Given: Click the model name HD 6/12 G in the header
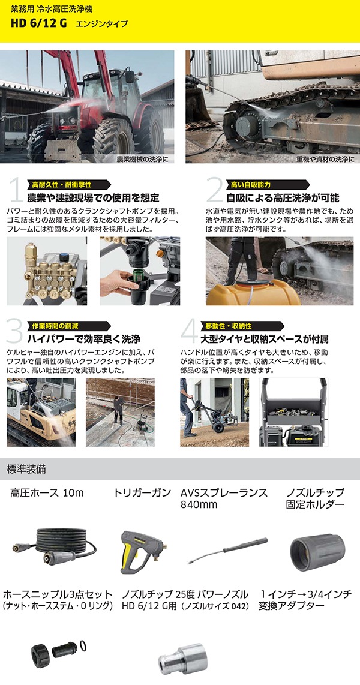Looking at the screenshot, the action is [40, 23].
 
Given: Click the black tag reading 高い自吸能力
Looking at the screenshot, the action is [248, 184].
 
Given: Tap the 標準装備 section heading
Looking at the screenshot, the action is [26, 470].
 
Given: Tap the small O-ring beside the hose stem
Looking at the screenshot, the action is [83, 645].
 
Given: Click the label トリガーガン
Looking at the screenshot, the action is [142, 493].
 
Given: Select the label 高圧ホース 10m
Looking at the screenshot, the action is [47, 493].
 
